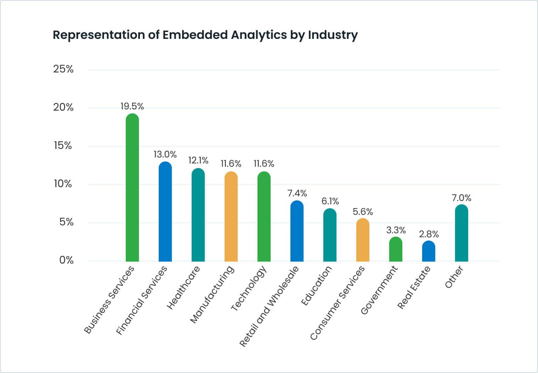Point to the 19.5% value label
(132, 106)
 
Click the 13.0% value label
(165, 154)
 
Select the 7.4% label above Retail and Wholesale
(297, 193)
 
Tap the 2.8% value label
(429, 234)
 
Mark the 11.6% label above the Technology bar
(264, 164)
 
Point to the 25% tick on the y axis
(63, 69)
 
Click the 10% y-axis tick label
(63, 184)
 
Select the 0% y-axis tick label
(66, 260)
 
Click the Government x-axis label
(379, 290)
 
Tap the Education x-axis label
(316, 286)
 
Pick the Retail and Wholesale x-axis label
(269, 306)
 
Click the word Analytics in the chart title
(259, 35)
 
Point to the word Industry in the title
(333, 35)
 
